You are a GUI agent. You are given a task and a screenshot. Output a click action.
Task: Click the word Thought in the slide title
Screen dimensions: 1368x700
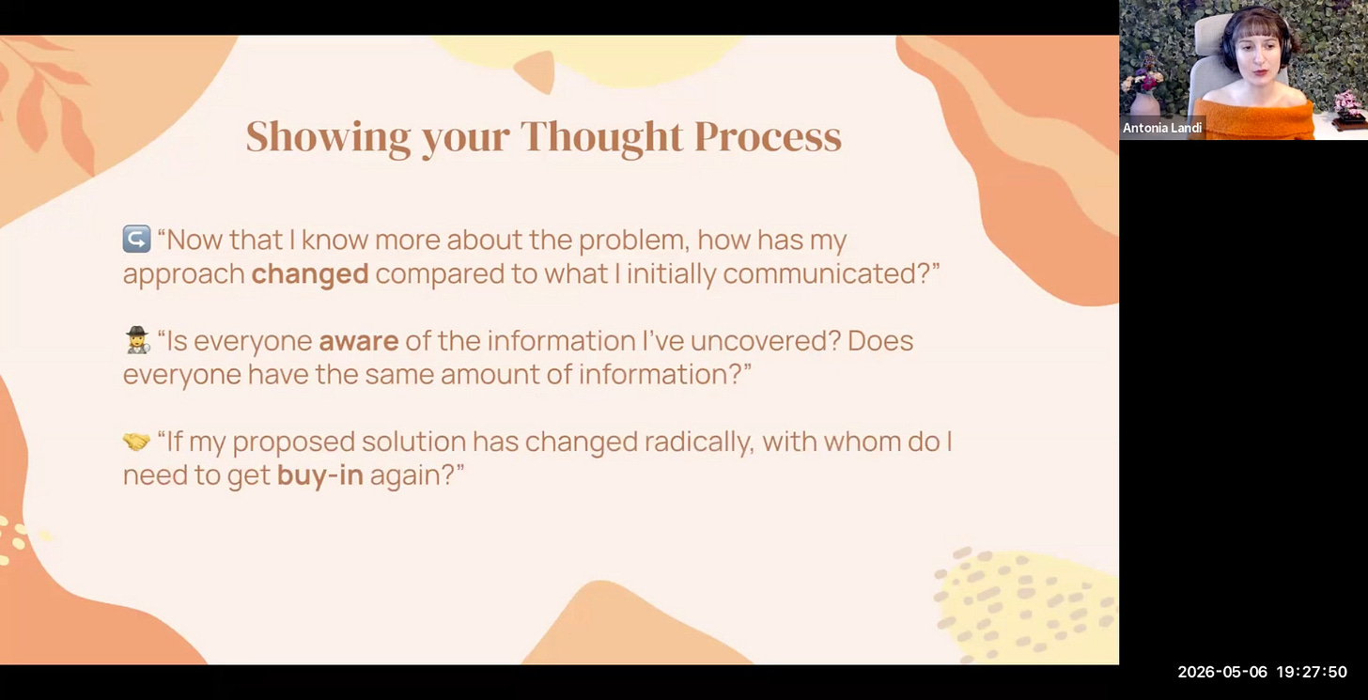(x=601, y=137)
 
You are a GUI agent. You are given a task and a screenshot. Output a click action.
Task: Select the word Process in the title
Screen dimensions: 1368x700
(x=769, y=135)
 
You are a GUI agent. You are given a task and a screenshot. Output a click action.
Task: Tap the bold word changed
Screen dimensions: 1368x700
(x=310, y=273)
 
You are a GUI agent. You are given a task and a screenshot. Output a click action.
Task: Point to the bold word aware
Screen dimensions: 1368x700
(x=359, y=341)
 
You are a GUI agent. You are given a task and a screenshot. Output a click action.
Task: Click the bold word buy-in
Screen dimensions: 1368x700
(x=320, y=475)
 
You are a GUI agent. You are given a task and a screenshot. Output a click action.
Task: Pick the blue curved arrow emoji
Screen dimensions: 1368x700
(x=137, y=239)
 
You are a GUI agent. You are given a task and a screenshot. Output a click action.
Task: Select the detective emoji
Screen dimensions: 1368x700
(x=137, y=339)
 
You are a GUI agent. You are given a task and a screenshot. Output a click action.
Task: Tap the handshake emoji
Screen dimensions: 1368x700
(x=137, y=441)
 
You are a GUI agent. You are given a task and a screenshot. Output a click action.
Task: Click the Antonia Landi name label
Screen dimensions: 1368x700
(x=1162, y=128)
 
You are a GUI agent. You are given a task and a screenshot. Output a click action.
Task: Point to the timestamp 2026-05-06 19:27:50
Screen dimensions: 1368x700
(x=1263, y=672)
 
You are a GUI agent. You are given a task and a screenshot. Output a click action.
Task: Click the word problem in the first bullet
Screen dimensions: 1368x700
(x=634, y=240)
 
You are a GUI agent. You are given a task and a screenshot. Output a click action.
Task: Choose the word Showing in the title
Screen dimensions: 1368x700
(x=329, y=137)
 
